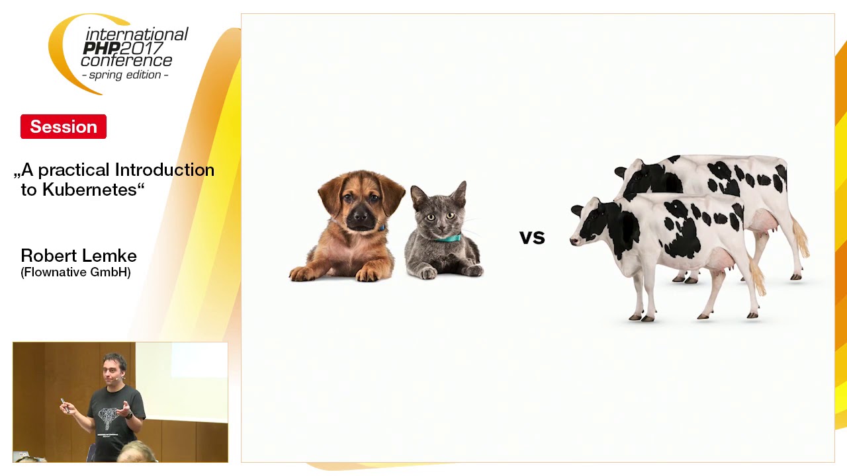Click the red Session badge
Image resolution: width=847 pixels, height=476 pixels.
click(64, 126)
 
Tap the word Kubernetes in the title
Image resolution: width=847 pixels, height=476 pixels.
click(89, 190)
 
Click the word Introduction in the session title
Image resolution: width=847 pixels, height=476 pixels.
click(165, 170)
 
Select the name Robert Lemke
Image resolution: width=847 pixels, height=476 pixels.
click(79, 256)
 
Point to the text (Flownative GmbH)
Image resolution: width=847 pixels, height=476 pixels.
click(75, 272)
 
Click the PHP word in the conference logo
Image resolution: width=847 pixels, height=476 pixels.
click(101, 48)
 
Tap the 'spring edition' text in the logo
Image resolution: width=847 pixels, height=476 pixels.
click(125, 75)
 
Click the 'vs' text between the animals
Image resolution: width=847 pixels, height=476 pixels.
click(532, 237)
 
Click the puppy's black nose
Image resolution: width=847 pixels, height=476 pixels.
click(360, 216)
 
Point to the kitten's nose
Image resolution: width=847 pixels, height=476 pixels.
click(440, 229)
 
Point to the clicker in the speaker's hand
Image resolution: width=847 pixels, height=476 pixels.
click(64, 404)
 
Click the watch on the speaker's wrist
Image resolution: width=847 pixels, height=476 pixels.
click(129, 416)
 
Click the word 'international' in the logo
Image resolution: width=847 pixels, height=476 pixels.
click(137, 35)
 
